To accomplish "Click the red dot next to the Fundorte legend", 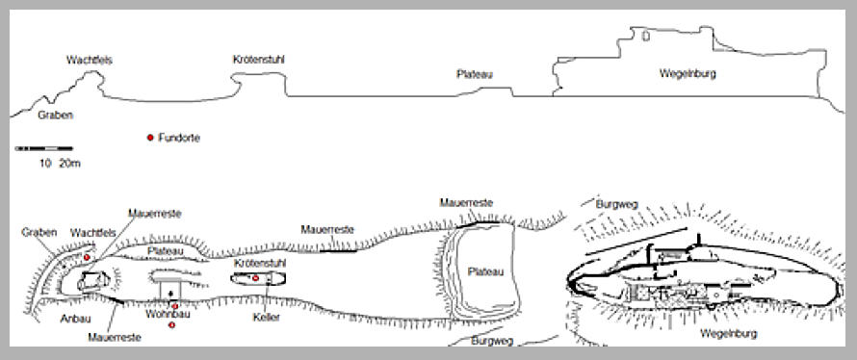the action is tap(150, 138).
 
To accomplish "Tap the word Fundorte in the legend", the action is tap(179, 139).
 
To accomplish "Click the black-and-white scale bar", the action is tap(43, 148).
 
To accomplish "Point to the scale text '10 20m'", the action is tap(60, 164).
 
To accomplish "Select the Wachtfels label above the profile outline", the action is tap(90, 60).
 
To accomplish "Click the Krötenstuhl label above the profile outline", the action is tap(258, 60).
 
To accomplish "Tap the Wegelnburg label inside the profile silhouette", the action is tap(688, 74).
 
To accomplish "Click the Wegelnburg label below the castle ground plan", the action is tap(729, 334).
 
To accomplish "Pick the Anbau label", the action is tap(75, 319).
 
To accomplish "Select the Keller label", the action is tap(266, 318).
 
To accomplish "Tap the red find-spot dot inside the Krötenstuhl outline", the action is tap(255, 278).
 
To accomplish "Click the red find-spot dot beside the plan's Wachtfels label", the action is tap(87, 257).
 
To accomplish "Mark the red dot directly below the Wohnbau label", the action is tap(171, 325).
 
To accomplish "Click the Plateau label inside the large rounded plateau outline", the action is tap(485, 272).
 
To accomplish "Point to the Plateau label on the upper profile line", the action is tap(475, 74).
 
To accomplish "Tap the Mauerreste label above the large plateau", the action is tap(466, 203).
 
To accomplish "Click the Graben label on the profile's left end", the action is tap(55, 116).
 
